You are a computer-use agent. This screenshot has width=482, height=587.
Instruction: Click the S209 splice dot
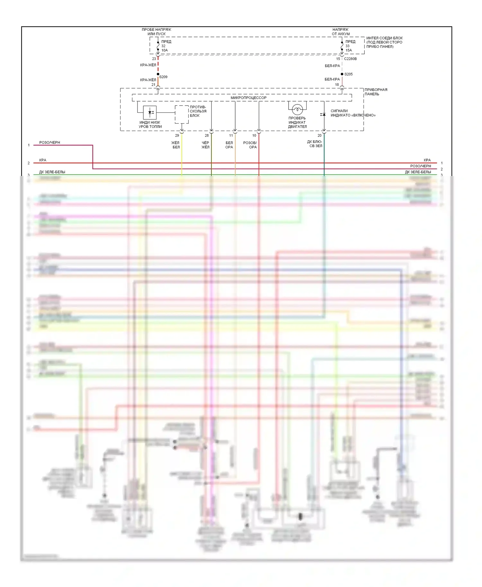(x=158, y=74)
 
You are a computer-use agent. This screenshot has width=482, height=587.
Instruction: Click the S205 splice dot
(x=342, y=74)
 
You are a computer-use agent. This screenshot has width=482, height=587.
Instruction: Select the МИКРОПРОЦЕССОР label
(x=248, y=98)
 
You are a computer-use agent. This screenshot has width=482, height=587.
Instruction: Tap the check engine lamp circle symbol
(x=297, y=110)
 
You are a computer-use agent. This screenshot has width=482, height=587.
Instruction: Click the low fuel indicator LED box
(x=150, y=112)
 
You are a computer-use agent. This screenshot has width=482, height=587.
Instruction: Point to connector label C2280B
(x=350, y=59)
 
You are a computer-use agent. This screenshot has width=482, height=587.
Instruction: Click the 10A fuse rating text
(x=165, y=50)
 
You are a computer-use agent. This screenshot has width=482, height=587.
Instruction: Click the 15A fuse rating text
(x=349, y=50)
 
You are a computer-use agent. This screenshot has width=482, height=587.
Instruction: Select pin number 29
(x=177, y=136)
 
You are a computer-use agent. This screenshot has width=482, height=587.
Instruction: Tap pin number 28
(x=207, y=136)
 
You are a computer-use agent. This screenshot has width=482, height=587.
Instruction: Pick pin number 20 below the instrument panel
(x=319, y=136)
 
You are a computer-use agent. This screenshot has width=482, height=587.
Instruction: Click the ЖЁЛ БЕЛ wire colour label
(x=176, y=145)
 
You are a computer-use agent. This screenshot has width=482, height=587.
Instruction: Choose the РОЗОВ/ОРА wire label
(x=250, y=145)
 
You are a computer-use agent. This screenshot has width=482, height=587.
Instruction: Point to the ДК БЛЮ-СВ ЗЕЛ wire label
(x=315, y=144)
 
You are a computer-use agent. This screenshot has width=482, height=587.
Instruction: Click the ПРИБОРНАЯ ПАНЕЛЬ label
(x=376, y=92)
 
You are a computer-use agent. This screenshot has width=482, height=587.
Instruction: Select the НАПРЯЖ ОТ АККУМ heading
(x=341, y=31)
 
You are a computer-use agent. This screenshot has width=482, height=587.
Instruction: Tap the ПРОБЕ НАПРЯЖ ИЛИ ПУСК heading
(x=156, y=31)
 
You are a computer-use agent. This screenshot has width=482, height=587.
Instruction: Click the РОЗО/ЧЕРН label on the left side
(x=49, y=143)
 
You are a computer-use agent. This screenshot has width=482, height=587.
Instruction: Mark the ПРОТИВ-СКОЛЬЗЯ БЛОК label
(x=198, y=111)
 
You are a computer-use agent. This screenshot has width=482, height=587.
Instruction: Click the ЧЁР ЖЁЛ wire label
(x=205, y=145)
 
